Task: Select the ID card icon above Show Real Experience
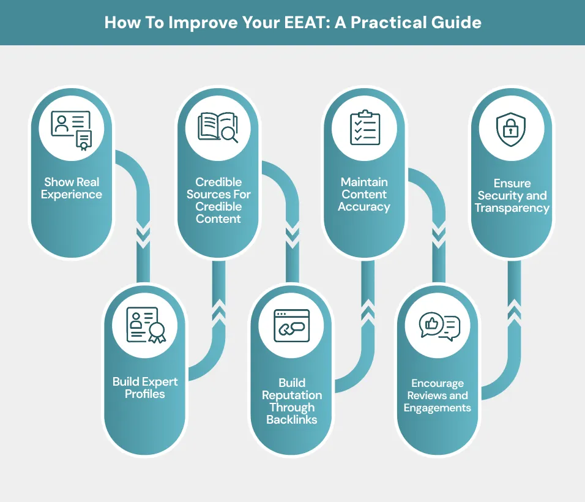71,129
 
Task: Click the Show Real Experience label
72,189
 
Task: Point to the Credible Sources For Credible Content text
218,200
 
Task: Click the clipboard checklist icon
365,128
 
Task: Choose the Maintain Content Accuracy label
364,195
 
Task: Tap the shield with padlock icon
512,129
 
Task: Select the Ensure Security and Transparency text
512,196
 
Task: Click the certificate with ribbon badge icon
146,324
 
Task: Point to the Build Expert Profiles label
145,388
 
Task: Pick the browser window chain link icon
292,325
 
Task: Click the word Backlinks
292,420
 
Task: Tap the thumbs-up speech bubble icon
439,326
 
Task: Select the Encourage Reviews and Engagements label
438,395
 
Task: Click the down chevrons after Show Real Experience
143,236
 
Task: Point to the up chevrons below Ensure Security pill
514,310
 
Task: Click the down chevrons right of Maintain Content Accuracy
438,236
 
